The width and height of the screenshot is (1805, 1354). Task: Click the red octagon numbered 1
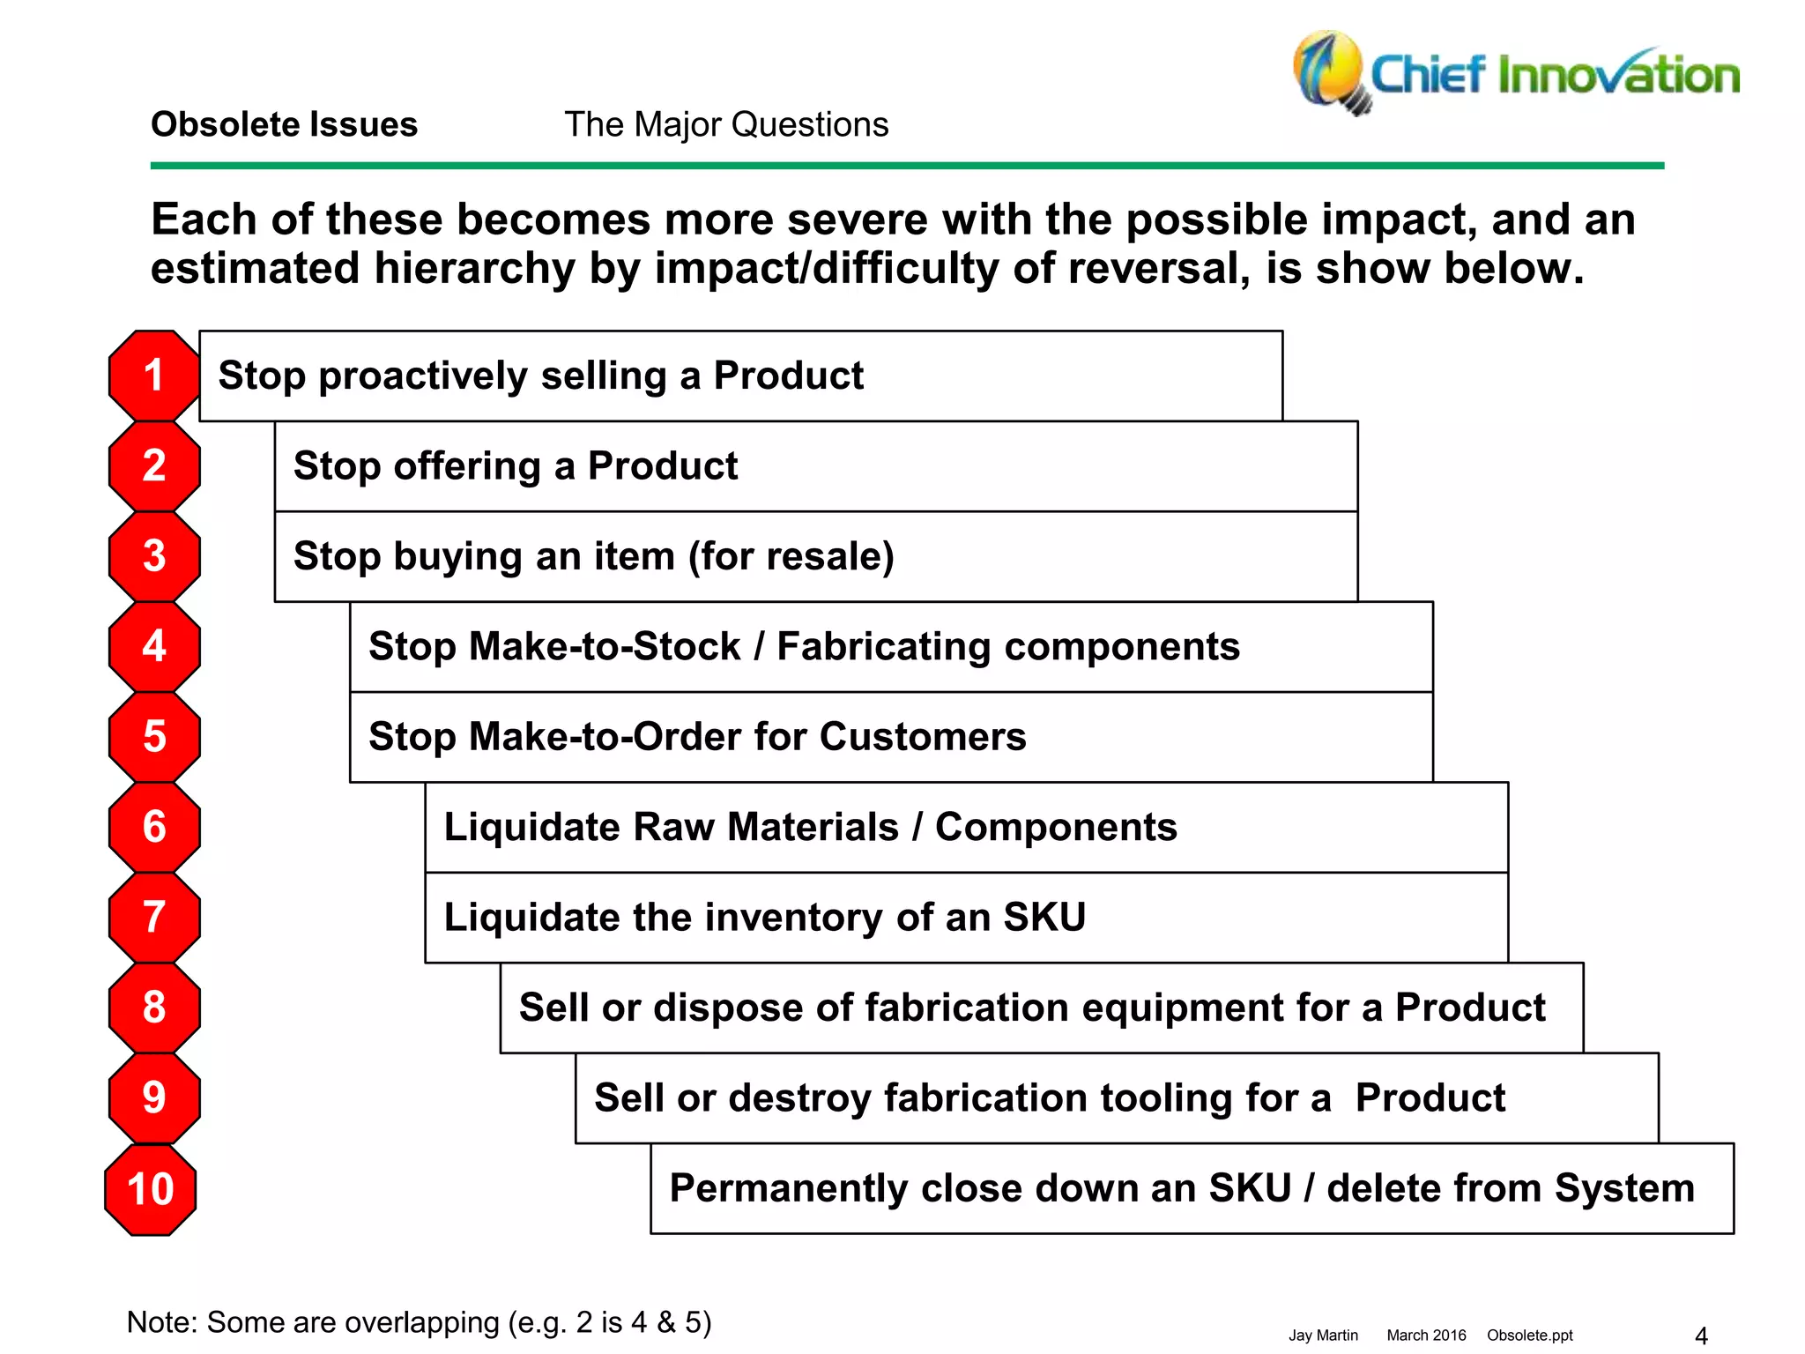point(154,376)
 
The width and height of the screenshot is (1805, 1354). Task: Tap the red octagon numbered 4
point(154,646)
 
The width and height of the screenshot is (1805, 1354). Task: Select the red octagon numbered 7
point(154,917)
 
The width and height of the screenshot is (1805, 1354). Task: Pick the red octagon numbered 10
point(151,1189)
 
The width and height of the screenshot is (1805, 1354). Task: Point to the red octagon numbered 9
point(154,1097)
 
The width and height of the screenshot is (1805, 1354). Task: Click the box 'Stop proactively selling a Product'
point(740,376)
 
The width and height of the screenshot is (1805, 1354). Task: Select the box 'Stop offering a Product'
point(815,466)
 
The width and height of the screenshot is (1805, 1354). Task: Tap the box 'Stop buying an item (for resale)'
point(815,556)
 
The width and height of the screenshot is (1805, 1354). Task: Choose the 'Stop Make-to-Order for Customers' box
point(890,737)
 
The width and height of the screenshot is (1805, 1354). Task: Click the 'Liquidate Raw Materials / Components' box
point(966,827)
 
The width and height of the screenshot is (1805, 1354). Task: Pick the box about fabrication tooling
point(1116,1098)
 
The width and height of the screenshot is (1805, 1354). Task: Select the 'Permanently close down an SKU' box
point(1192,1188)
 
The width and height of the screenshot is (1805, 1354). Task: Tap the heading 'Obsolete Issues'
point(284,124)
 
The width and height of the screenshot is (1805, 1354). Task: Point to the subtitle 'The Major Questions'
point(726,124)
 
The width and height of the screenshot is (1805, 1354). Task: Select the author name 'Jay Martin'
point(1323,1335)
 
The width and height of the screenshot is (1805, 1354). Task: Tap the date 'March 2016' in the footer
point(1426,1335)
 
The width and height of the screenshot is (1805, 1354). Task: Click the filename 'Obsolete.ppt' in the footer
point(1529,1335)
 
